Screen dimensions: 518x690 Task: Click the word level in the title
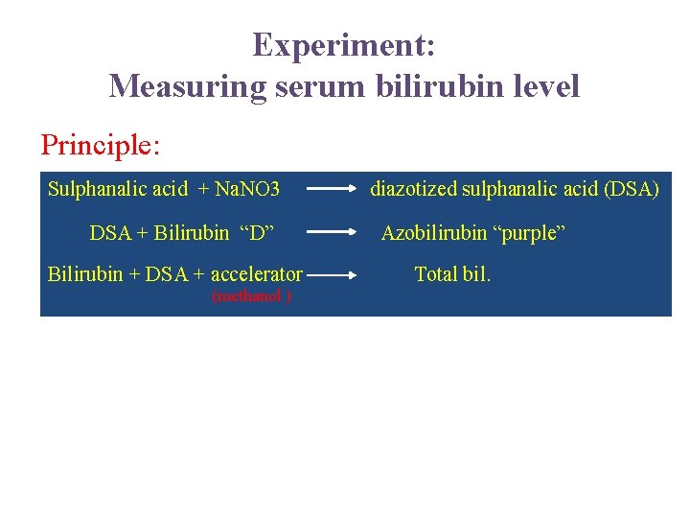pos(544,86)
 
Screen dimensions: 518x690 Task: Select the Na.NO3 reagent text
pos(247,189)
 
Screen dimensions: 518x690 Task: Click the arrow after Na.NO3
pos(331,189)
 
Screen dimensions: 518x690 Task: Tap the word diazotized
pos(414,189)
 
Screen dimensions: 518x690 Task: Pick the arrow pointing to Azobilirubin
pos(331,232)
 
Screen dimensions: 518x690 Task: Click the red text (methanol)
pos(252,296)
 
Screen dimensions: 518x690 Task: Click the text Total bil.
pos(452,274)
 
